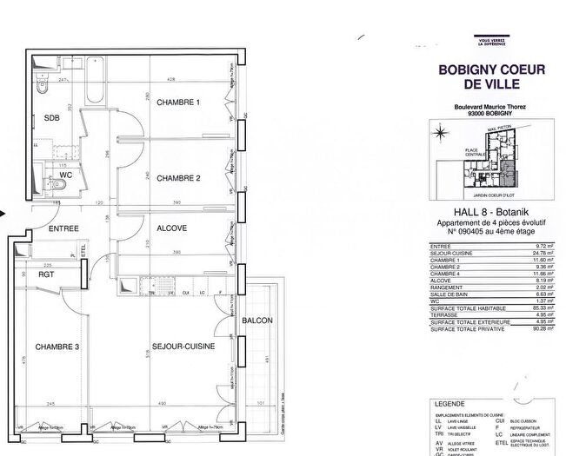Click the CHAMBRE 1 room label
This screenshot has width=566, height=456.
coord(178,102)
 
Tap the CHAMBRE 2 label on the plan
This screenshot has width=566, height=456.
coord(178,178)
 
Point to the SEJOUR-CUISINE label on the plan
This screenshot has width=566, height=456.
coord(178,347)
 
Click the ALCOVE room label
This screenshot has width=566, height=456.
coord(172,228)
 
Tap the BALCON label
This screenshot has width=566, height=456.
coord(257,321)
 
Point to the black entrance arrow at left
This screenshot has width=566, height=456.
coord(4,211)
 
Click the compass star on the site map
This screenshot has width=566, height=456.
coord(440,132)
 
